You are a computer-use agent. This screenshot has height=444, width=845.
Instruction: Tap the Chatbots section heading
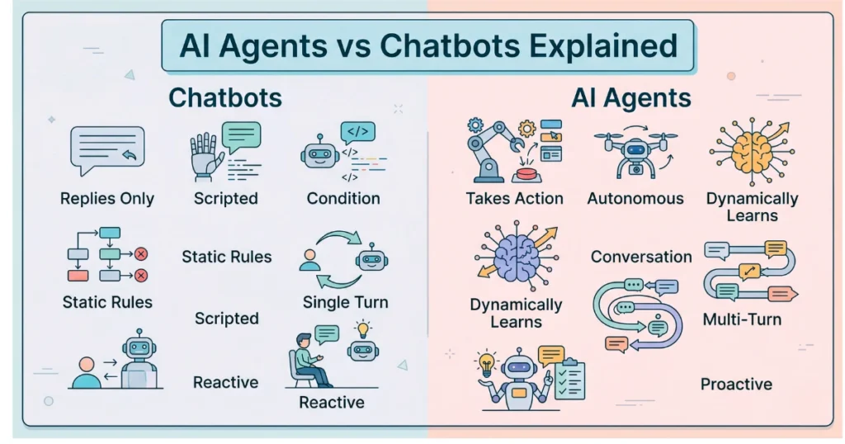click(x=225, y=98)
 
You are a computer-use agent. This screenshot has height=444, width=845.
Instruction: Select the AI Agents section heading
click(x=631, y=98)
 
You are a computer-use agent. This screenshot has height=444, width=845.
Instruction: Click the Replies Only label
click(x=107, y=199)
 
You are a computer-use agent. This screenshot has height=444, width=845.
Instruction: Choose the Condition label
click(x=343, y=198)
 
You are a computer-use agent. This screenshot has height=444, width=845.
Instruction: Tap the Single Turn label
click(x=345, y=301)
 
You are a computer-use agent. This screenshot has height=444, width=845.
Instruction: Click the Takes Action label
click(x=514, y=198)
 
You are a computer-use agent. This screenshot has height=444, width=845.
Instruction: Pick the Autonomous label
click(x=635, y=198)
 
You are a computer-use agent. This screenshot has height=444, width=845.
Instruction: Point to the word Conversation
click(x=641, y=257)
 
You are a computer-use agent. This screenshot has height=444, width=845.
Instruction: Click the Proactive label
click(x=736, y=384)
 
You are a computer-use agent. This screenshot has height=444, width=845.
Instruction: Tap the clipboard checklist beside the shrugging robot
click(x=569, y=381)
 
